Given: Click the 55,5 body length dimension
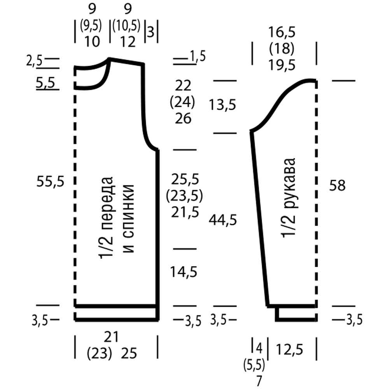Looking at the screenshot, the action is [50, 182].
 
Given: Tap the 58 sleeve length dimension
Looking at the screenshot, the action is [337, 185].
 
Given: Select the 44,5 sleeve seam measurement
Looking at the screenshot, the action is [223, 220].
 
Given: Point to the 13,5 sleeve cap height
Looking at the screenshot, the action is [222, 105].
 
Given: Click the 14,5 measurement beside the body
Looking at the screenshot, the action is [184, 272].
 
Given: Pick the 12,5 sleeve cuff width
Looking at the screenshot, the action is [289, 350].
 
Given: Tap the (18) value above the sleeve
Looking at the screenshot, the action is [282, 49].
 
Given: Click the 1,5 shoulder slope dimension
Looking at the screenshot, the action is [198, 56].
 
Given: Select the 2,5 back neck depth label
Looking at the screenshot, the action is [34, 61].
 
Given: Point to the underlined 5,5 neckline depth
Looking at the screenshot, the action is [46, 82].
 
